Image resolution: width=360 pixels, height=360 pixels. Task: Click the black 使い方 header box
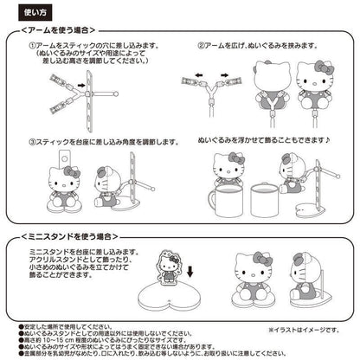22,13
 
